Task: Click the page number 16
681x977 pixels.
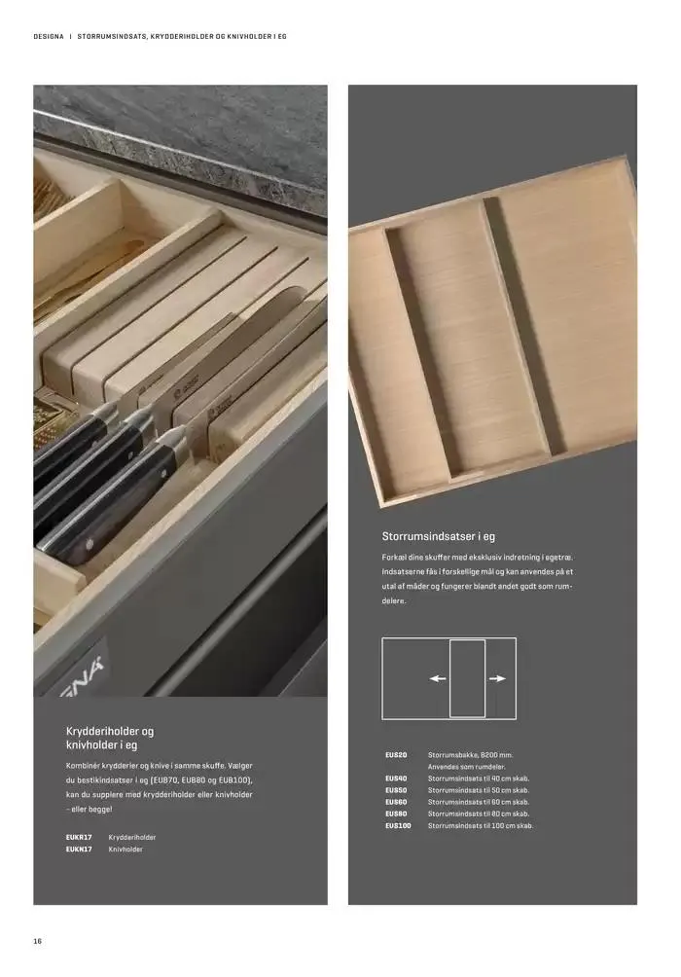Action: [37, 941]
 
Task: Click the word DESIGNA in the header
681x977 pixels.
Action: [49, 37]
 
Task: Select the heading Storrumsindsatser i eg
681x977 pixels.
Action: [439, 536]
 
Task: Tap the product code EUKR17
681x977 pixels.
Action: [79, 837]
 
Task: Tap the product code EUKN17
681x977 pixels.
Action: [79, 849]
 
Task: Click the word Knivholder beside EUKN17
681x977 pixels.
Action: [125, 849]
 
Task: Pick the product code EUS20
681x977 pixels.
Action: [396, 754]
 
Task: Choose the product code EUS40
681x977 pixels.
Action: [396, 778]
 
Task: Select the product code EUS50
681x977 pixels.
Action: [396, 790]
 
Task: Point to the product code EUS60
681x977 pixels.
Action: [396, 802]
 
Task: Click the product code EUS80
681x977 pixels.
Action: [396, 814]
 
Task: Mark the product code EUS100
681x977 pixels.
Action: [398, 825]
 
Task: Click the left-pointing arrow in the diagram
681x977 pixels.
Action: [438, 678]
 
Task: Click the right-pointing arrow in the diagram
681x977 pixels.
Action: [497, 678]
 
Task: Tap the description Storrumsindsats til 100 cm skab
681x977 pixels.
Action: [481, 825]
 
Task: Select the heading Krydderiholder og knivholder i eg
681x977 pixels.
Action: [110, 738]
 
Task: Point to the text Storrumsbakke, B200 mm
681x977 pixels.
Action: [471, 754]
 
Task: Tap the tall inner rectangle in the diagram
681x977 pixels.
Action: [467, 640]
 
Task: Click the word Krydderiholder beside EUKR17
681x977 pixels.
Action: [131, 837]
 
